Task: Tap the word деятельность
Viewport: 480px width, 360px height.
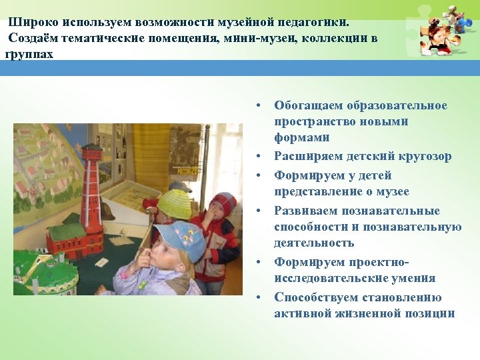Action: coord(314,243)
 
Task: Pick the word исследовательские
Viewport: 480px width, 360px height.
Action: coord(327,279)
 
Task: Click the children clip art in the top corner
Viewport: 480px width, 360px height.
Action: coord(440,30)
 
